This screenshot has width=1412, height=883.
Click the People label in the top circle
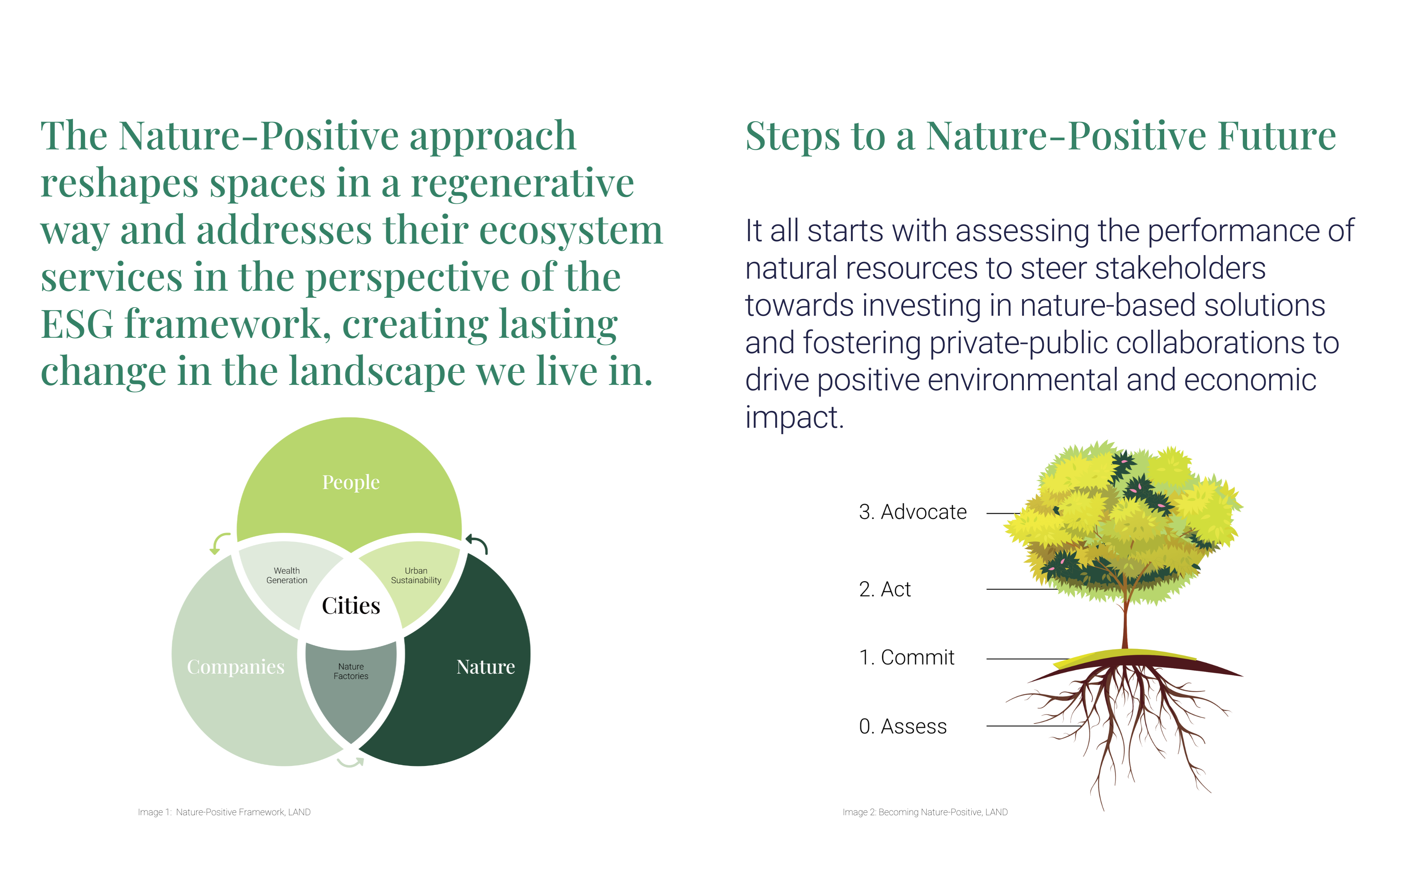351,482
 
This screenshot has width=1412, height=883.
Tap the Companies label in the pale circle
236,667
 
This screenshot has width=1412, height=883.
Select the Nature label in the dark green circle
486,666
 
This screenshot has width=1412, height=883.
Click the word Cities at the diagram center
351,605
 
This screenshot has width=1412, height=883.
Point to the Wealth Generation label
286,575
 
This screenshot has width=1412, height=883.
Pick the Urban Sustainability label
416,575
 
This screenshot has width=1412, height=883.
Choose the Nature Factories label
351,671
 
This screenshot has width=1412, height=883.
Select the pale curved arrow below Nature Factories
351,763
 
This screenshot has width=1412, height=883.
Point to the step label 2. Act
885,589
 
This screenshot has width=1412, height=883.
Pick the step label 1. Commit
906,658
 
